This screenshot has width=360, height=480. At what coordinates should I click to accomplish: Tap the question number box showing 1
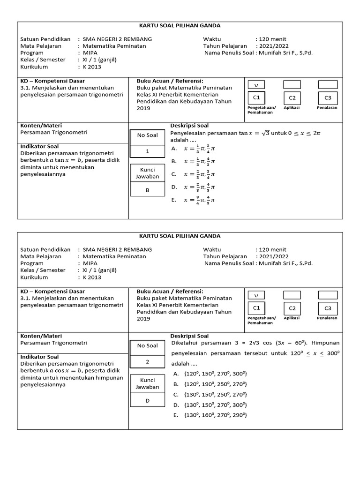pyautogui.click(x=147, y=151)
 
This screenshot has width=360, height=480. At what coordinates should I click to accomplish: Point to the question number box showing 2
pyautogui.click(x=147, y=362)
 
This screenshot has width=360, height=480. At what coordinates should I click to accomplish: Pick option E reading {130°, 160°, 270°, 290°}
pyautogui.click(x=210, y=415)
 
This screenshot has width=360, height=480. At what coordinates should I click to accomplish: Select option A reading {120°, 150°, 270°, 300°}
pyautogui.click(x=210, y=374)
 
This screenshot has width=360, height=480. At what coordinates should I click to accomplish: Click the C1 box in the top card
pyautogui.click(x=256, y=97)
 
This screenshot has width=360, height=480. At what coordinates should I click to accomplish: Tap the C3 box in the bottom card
pyautogui.click(x=328, y=308)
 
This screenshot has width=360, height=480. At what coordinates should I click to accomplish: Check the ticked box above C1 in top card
pyautogui.click(x=256, y=85)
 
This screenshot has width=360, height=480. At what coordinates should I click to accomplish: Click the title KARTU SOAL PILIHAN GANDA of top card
pyautogui.click(x=180, y=25)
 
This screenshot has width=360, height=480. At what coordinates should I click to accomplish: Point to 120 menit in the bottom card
pyautogui.click(x=272, y=249)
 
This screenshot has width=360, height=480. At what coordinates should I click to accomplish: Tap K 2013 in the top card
pyautogui.click(x=92, y=67)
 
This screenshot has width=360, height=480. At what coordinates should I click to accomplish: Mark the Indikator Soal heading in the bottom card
pyautogui.click(x=39, y=357)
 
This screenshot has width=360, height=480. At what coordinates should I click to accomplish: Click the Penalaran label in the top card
pyautogui.click(x=327, y=107)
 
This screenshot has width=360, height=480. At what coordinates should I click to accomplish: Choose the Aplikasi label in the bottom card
pyautogui.click(x=292, y=318)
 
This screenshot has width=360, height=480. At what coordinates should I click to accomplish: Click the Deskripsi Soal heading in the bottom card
pyautogui.click(x=189, y=336)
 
